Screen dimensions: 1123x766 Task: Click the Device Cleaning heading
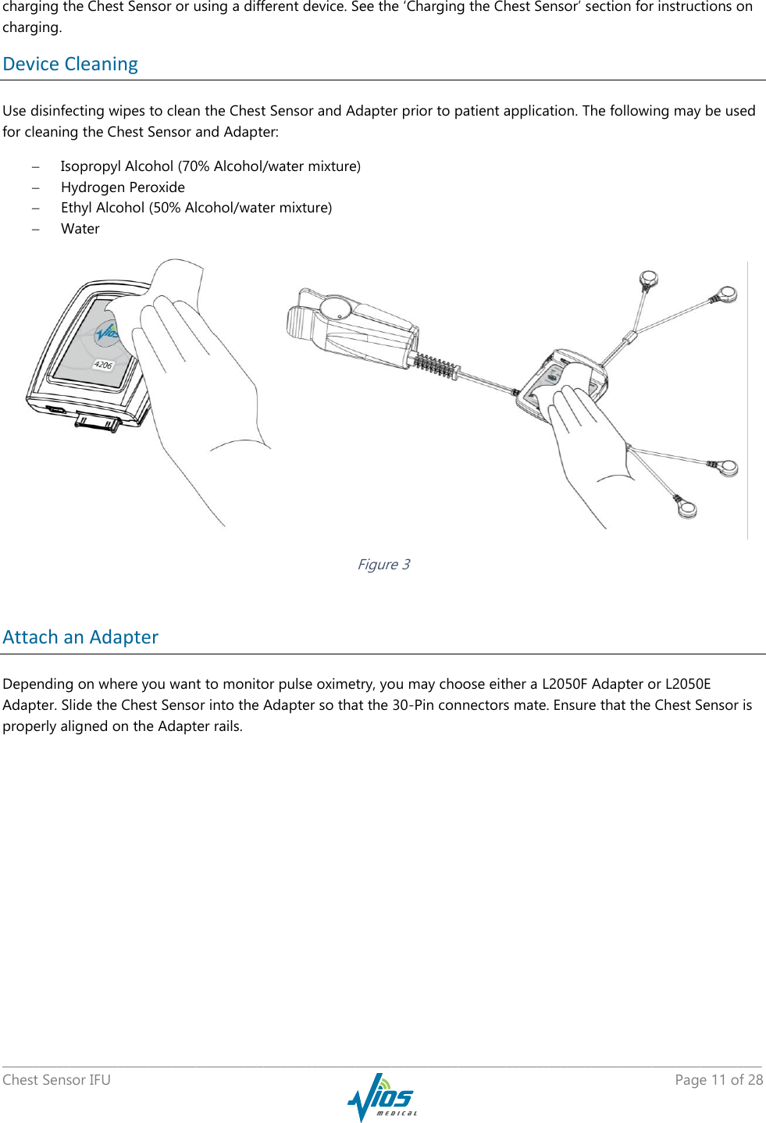[x=70, y=64]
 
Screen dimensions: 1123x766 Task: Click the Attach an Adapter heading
[x=80, y=637]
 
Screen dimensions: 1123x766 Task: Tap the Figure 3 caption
[x=383, y=564]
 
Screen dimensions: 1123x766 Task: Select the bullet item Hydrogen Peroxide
[x=123, y=187]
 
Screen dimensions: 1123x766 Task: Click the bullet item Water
[x=80, y=229]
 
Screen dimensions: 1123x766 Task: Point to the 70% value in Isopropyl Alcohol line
[x=196, y=166]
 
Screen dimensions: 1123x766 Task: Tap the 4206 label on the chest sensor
[x=103, y=365]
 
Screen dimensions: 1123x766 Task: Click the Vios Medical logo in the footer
[x=382, y=1096]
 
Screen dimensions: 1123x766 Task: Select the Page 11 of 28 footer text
[x=718, y=1079]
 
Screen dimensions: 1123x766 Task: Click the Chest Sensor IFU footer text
[x=56, y=1079]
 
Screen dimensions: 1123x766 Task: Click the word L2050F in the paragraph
[x=565, y=684]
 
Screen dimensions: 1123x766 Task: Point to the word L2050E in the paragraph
[x=688, y=684]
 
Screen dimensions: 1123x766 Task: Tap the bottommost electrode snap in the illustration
[x=686, y=509]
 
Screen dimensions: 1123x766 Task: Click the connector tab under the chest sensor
[x=98, y=423]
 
